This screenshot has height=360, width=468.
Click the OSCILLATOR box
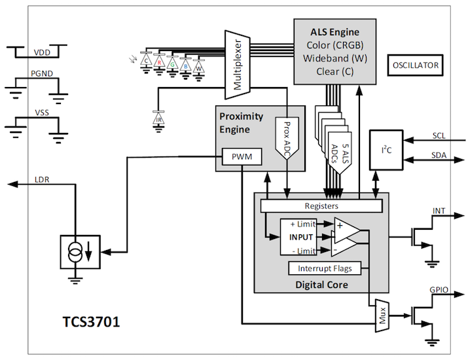415,65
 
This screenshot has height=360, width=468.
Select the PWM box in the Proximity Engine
242,156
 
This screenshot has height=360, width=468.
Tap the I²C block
386,150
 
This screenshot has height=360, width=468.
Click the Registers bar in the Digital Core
321,206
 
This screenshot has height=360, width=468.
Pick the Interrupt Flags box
325,268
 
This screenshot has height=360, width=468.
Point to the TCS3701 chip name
92,322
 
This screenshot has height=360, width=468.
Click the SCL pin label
439,135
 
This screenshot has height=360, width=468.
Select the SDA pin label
439,155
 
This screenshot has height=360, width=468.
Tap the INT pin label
439,211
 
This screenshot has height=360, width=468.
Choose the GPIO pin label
439,289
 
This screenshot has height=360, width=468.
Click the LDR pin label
42,180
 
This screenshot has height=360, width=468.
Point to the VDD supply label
42,52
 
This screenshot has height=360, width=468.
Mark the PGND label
42,73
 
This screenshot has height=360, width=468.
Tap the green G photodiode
172,63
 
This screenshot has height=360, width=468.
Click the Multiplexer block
238,65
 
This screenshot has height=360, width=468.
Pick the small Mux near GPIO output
382,315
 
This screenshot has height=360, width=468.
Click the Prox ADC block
287,138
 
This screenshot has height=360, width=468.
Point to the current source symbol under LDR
81,252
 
